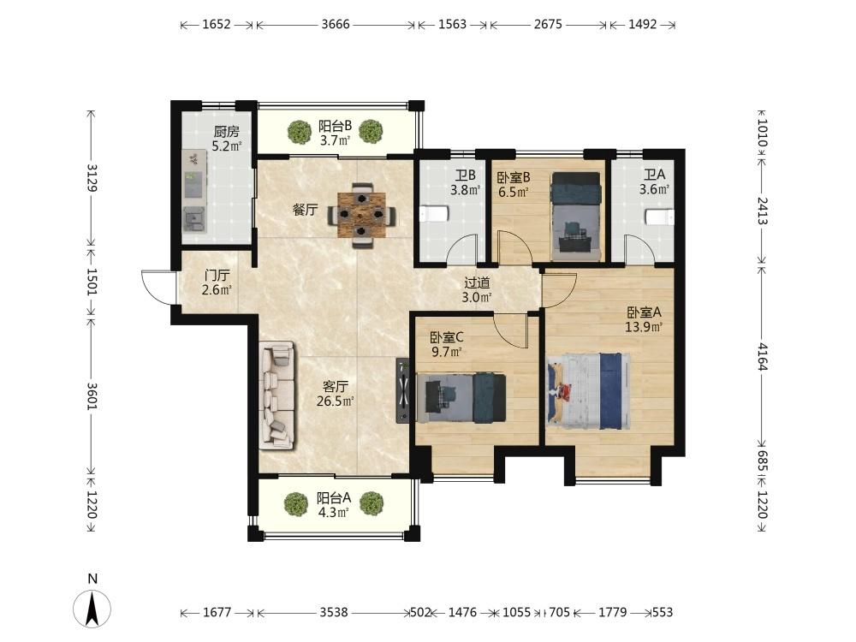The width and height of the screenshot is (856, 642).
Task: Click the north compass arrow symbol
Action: [92, 607]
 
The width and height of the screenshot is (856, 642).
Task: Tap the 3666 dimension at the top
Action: [336, 25]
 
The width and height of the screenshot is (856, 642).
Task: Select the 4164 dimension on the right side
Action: [763, 356]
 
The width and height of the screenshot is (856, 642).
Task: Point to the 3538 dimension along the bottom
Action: [334, 613]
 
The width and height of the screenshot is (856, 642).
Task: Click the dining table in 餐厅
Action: [361, 215]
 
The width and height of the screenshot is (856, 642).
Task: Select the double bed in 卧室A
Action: [589, 391]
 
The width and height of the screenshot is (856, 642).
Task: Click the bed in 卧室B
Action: [576, 217]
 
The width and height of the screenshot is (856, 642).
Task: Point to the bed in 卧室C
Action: [461, 397]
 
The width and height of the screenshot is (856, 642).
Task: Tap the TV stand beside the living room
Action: [403, 390]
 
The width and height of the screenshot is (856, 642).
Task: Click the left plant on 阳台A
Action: [296, 504]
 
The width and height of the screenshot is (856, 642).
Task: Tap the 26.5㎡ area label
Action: [336, 401]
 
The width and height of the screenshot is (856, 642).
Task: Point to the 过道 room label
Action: [477, 282]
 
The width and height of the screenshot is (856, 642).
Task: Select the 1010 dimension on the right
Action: [763, 134]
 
